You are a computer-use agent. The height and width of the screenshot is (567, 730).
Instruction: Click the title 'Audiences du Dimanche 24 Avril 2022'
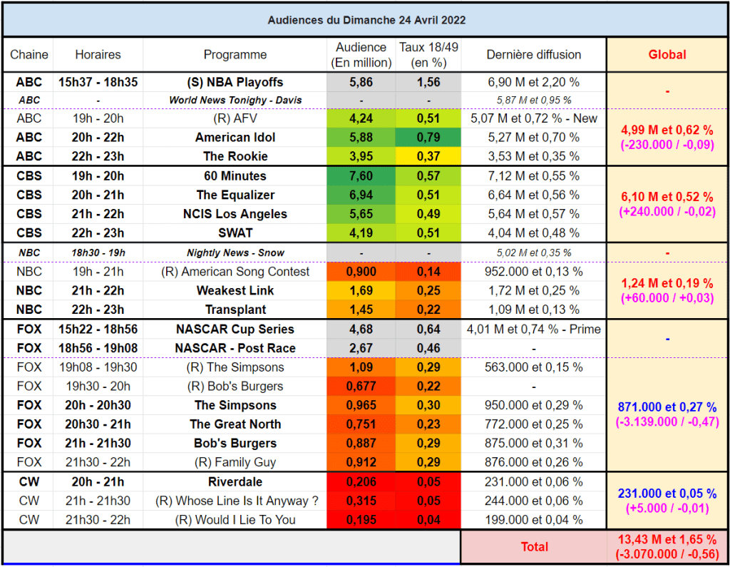coord(366,20)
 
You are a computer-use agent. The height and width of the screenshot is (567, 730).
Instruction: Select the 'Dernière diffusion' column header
coord(533,54)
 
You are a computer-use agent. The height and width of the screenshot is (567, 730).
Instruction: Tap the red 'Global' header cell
coord(667,54)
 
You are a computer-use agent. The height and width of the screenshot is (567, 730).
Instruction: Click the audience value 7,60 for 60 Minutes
coord(361,176)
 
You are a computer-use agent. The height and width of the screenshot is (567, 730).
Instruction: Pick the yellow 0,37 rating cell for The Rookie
coord(428,156)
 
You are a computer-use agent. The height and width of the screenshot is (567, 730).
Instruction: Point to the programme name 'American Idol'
coord(235,138)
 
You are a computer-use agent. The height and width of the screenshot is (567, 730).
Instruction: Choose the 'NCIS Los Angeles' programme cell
coord(235,214)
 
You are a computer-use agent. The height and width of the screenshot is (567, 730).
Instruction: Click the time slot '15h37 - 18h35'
coord(98,82)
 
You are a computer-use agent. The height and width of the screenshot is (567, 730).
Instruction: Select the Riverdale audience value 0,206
coord(361,481)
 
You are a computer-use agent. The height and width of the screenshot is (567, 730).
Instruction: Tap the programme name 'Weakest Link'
coord(235,290)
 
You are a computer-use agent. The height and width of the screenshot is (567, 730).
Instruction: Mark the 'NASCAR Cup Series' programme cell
coord(235,329)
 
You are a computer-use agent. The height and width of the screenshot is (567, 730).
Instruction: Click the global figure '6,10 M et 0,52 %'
coord(667,197)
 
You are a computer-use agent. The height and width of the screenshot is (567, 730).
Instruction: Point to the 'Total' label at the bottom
coord(534,546)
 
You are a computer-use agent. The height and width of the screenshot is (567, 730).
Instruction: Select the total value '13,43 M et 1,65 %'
coord(667,539)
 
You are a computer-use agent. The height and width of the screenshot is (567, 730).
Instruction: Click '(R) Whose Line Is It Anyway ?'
coord(237,501)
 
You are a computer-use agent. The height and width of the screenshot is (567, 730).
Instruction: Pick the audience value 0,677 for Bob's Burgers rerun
coord(361,387)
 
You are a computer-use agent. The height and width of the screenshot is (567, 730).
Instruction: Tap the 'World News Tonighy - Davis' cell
coord(235,100)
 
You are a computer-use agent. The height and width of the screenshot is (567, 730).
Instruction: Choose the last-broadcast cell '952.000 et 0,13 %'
coord(533,272)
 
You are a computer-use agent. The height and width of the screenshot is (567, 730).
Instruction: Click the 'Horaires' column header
coord(98,54)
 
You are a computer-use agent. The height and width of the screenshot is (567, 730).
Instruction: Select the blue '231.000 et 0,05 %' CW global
coord(667,494)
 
